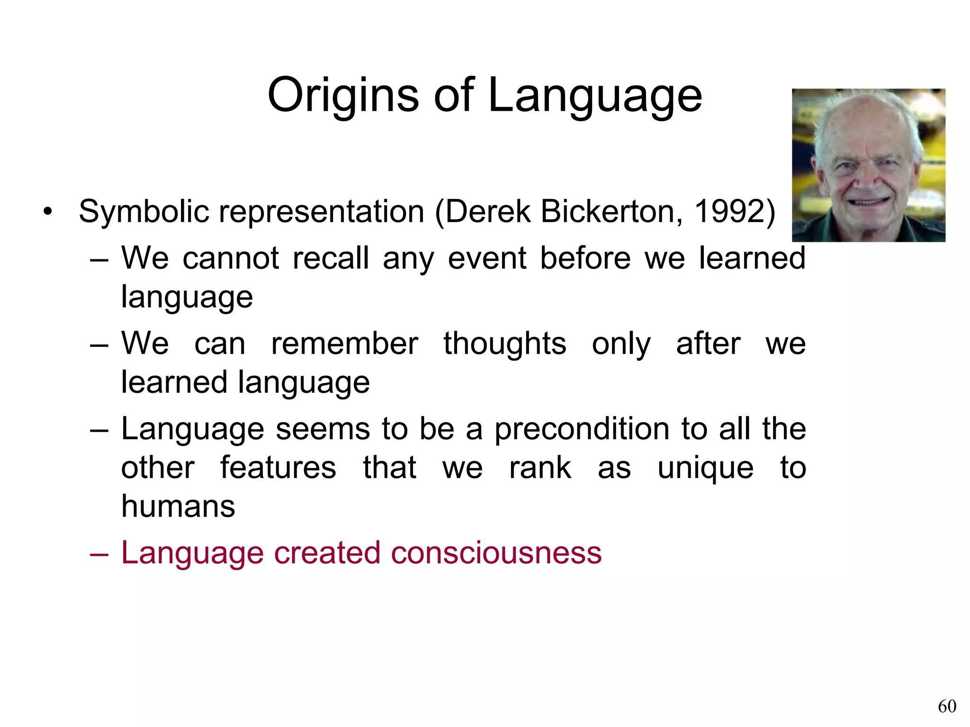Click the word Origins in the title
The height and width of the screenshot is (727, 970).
(x=343, y=96)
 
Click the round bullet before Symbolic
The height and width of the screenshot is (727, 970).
(x=47, y=212)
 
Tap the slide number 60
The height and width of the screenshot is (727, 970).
(x=947, y=706)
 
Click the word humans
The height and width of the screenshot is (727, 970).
(x=178, y=506)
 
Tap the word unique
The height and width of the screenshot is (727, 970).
(x=705, y=468)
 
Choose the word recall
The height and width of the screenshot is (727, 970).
(x=330, y=258)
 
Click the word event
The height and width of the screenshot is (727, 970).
(x=487, y=258)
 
